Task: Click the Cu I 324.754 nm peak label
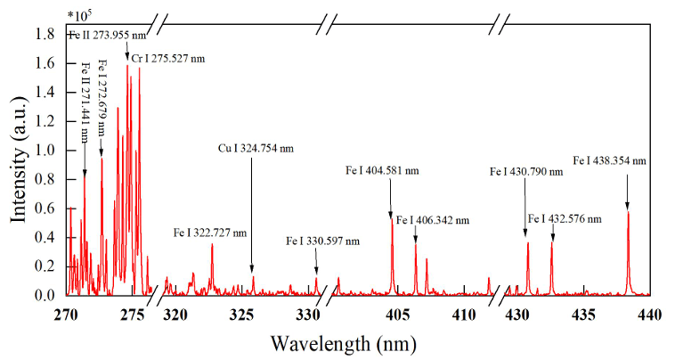pyautogui.click(x=256, y=149)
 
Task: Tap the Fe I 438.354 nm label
pyautogui.click(x=610, y=160)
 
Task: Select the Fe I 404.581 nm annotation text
pyautogui.click(x=382, y=170)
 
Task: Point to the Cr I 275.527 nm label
pyautogui.click(x=168, y=59)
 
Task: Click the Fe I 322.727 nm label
pyautogui.click(x=210, y=233)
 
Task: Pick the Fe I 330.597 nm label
pyautogui.click(x=323, y=241)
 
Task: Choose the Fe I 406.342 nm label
pyautogui.click(x=433, y=220)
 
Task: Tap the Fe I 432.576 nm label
pyautogui.click(x=565, y=218)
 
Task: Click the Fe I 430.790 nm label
pyautogui.click(x=526, y=172)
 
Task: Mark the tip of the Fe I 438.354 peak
pyautogui.click(x=628, y=211)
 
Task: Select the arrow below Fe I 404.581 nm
pyautogui.click(x=390, y=199)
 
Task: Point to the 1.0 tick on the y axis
pyautogui.click(x=66, y=151)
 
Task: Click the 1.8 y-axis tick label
pyautogui.click(x=45, y=34)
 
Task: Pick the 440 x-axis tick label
pyautogui.click(x=650, y=315)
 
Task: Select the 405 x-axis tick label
pyautogui.click(x=396, y=315)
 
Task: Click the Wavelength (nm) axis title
pyautogui.click(x=344, y=344)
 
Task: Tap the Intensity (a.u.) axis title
pyautogui.click(x=19, y=160)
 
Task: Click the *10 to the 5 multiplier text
pyautogui.click(x=79, y=15)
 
